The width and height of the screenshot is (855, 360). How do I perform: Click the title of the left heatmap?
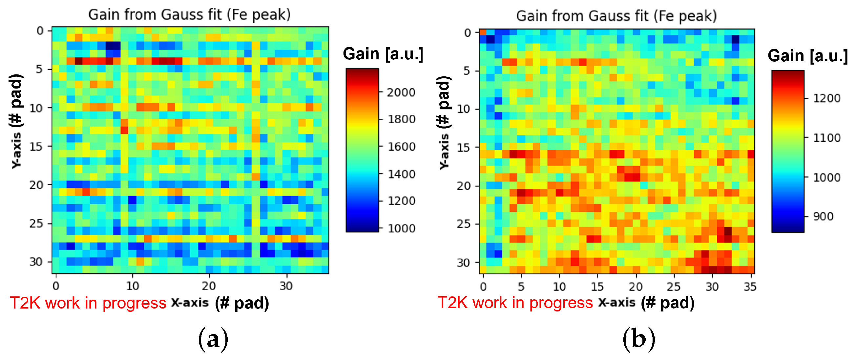pyautogui.click(x=189, y=15)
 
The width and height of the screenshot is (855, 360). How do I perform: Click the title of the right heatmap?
pyautogui.click(x=616, y=16)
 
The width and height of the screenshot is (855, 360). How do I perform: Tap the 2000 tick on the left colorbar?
pyautogui.click(x=401, y=92)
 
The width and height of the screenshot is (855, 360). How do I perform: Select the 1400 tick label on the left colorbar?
pyautogui.click(x=401, y=174)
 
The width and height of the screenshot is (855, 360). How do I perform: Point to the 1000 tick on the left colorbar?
pyautogui.click(x=401, y=228)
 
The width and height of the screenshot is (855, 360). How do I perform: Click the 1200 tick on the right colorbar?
pyautogui.click(x=826, y=98)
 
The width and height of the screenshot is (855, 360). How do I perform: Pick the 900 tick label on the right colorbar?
pyautogui.click(x=823, y=216)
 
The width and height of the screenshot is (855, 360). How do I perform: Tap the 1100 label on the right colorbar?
pyautogui.click(x=826, y=138)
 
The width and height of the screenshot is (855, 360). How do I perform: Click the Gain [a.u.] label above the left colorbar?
pyautogui.click(x=383, y=54)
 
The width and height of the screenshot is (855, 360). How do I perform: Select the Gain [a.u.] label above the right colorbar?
pyautogui.click(x=807, y=56)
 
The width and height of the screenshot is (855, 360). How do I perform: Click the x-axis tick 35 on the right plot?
pyautogui.click(x=750, y=286)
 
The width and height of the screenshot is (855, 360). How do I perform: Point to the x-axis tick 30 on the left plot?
pyautogui.click(x=286, y=286)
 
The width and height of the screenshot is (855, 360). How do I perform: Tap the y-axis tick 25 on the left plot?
pyautogui.click(x=36, y=223)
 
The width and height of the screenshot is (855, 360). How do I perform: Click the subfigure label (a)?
pyautogui.click(x=213, y=339)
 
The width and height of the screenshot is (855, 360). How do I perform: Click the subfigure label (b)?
pyautogui.click(x=638, y=339)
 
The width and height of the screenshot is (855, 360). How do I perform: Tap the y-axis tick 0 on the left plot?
pyautogui.click(x=40, y=31)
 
